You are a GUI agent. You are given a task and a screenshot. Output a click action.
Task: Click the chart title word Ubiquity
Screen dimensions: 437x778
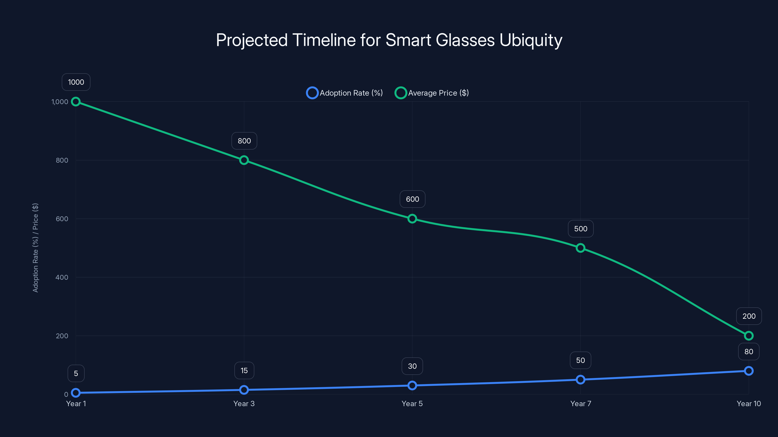tap(531, 40)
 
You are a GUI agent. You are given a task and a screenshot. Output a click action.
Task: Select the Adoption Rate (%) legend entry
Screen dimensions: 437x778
tap(345, 93)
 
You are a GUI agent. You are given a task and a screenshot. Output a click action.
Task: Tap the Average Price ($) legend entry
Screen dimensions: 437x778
tap(432, 93)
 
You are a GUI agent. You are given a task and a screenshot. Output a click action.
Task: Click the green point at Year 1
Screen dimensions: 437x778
tap(76, 102)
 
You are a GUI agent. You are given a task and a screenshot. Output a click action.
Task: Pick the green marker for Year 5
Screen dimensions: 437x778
tap(412, 219)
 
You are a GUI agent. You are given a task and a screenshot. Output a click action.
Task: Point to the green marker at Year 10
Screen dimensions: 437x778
tap(749, 336)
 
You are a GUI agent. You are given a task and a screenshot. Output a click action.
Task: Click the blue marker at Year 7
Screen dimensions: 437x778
tap(581, 380)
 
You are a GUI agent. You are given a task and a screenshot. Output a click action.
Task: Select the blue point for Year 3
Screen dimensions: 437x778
tap(244, 390)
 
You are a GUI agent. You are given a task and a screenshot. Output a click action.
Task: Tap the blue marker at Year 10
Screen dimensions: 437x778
tap(749, 371)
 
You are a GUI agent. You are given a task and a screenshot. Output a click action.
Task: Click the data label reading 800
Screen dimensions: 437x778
tap(244, 141)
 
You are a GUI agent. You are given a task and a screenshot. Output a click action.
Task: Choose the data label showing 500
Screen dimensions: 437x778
tap(581, 229)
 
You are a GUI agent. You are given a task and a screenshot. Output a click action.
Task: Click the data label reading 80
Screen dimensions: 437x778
tap(749, 352)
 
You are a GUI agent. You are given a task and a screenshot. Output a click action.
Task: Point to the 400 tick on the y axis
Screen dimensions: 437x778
tap(62, 277)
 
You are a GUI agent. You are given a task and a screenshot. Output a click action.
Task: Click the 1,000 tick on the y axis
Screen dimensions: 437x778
tap(60, 102)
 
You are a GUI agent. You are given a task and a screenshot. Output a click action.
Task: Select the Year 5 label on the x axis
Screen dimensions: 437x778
tap(412, 404)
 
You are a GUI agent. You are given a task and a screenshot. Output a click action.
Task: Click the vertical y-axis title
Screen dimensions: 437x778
tap(35, 248)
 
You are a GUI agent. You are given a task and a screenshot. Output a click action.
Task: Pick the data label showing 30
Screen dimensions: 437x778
tap(412, 366)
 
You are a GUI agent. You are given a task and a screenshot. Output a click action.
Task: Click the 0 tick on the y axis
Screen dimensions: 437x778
tap(66, 395)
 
